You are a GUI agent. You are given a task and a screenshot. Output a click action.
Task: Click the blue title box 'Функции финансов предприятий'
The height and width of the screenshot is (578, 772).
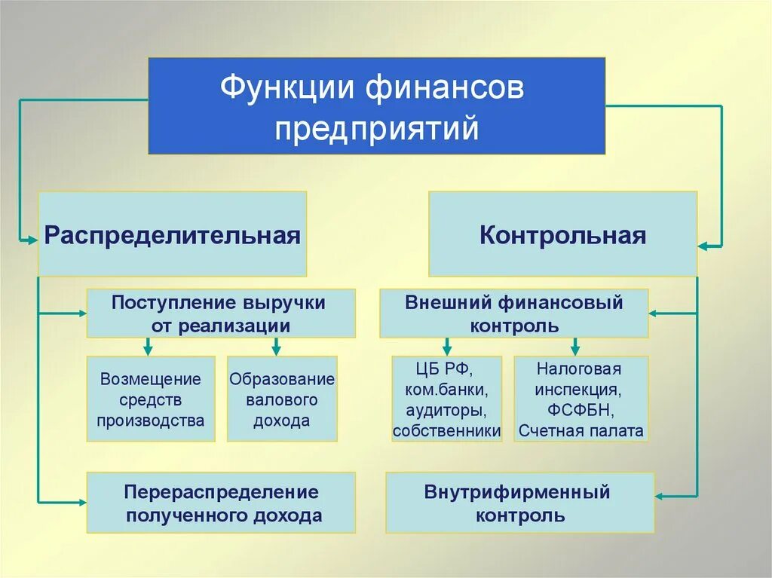pyautogui.click(x=376, y=106)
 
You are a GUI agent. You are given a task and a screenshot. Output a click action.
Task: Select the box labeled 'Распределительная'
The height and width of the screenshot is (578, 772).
pyautogui.click(x=172, y=234)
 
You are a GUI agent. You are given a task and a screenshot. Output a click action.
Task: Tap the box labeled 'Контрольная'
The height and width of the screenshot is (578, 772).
pyautogui.click(x=562, y=234)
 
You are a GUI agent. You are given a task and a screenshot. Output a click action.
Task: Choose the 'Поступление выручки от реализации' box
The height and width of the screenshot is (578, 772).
pyautogui.click(x=220, y=313)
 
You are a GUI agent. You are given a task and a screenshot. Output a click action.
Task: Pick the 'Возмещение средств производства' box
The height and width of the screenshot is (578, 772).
pyautogui.click(x=150, y=399)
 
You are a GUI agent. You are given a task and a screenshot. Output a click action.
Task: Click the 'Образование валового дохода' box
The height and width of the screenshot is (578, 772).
pyautogui.click(x=282, y=399)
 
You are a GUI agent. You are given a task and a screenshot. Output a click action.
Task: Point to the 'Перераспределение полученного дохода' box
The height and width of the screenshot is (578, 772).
pyautogui.click(x=220, y=503)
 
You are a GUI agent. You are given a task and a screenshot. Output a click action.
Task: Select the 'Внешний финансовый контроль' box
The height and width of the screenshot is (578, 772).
pyautogui.click(x=513, y=313)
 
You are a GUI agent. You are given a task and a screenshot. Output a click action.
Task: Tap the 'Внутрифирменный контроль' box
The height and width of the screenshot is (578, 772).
pyautogui.click(x=519, y=503)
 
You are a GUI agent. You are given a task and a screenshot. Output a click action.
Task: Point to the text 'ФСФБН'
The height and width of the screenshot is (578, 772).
pyautogui.click(x=580, y=411)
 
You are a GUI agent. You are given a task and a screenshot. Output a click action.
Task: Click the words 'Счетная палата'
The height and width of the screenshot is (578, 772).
pyautogui.click(x=581, y=431)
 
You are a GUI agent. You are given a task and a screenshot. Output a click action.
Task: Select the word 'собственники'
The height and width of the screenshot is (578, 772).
pyautogui.click(x=447, y=431)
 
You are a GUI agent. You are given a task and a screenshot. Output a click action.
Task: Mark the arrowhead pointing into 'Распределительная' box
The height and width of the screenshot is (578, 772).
pyautogui.click(x=32, y=240)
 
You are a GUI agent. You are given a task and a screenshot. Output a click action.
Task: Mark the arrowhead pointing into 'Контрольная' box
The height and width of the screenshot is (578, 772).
pyautogui.click(x=703, y=246)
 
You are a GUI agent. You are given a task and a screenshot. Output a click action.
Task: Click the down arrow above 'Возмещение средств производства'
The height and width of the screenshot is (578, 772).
pyautogui.click(x=149, y=348)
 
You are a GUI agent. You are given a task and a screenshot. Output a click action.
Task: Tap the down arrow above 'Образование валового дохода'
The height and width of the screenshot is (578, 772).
pyautogui.click(x=276, y=348)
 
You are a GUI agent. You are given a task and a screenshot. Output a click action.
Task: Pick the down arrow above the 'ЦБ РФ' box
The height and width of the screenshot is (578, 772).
pyautogui.click(x=447, y=348)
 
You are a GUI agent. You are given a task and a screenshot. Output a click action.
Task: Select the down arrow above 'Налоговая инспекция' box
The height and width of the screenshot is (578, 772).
pyautogui.click(x=575, y=348)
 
